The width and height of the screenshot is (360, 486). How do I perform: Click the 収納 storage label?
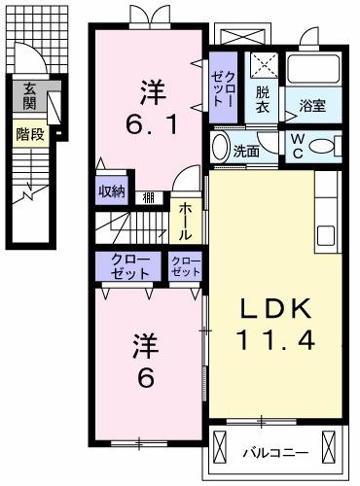coord(112,191)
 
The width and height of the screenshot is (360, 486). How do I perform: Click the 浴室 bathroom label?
coord(312,105)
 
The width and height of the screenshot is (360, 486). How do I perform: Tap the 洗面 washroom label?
coord(245,153)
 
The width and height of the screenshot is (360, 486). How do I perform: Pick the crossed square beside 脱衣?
coord(263,65)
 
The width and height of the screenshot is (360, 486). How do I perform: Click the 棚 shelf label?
coord(148,198)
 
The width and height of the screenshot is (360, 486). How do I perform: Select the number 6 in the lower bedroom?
coord(145,377)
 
